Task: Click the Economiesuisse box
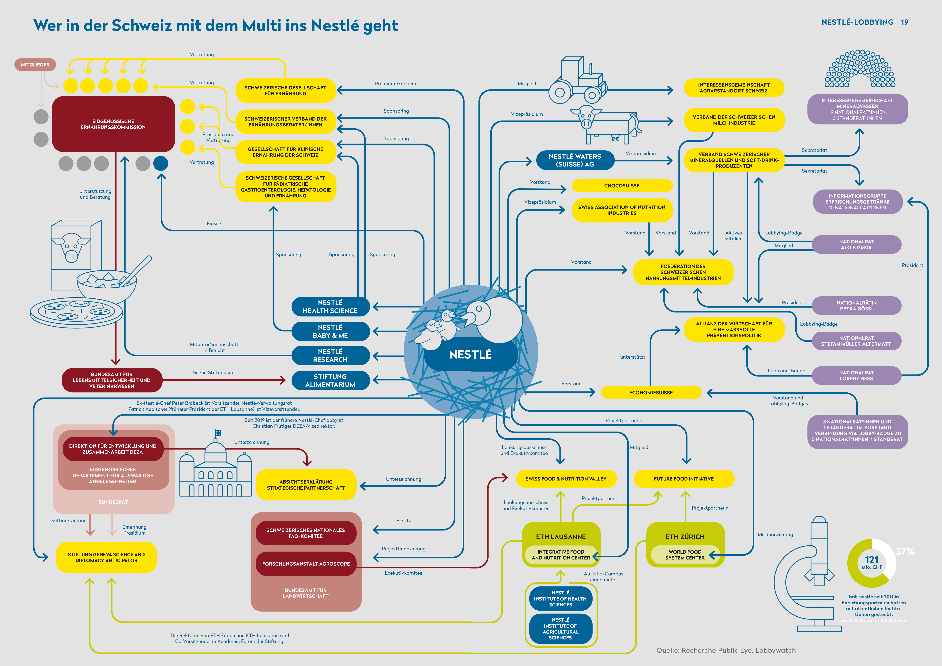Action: pos(651,392)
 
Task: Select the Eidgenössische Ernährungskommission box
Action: pos(113,124)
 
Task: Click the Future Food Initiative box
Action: pos(684,479)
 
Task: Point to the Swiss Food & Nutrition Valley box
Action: pos(566,479)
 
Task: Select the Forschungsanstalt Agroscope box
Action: pos(306,564)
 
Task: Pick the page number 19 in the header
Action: pos(905,22)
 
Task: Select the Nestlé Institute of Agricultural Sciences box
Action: pos(560,629)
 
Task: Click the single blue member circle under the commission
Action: pos(161,163)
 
